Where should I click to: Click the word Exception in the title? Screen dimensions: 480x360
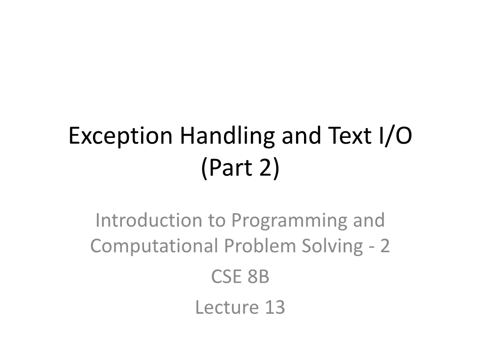(120, 136)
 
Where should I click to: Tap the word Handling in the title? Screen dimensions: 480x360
(227, 136)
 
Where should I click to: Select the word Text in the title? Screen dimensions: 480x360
(350, 136)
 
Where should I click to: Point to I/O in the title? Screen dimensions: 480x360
(395, 136)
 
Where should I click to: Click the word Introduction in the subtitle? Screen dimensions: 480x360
(148, 220)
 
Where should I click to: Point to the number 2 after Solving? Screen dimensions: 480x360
(385, 246)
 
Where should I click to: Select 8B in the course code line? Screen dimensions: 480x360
(258, 276)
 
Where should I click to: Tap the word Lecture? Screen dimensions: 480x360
(227, 307)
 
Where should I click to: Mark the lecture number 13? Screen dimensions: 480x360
(275, 307)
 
